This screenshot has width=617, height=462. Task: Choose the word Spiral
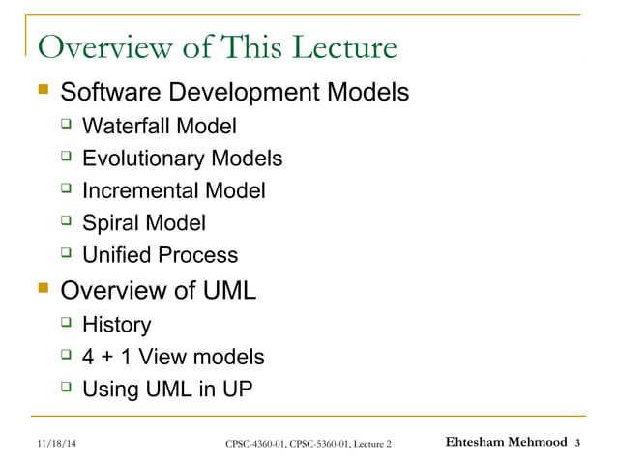coord(110,223)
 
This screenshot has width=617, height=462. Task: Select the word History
coord(117,325)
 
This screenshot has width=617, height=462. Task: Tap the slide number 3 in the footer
coord(577,444)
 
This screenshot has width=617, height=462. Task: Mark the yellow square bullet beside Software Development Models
coord(41,93)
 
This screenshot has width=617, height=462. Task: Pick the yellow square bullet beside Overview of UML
coord(41,289)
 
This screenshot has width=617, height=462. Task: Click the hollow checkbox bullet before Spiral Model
coord(67,222)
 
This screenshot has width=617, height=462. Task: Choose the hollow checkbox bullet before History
coord(67,324)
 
